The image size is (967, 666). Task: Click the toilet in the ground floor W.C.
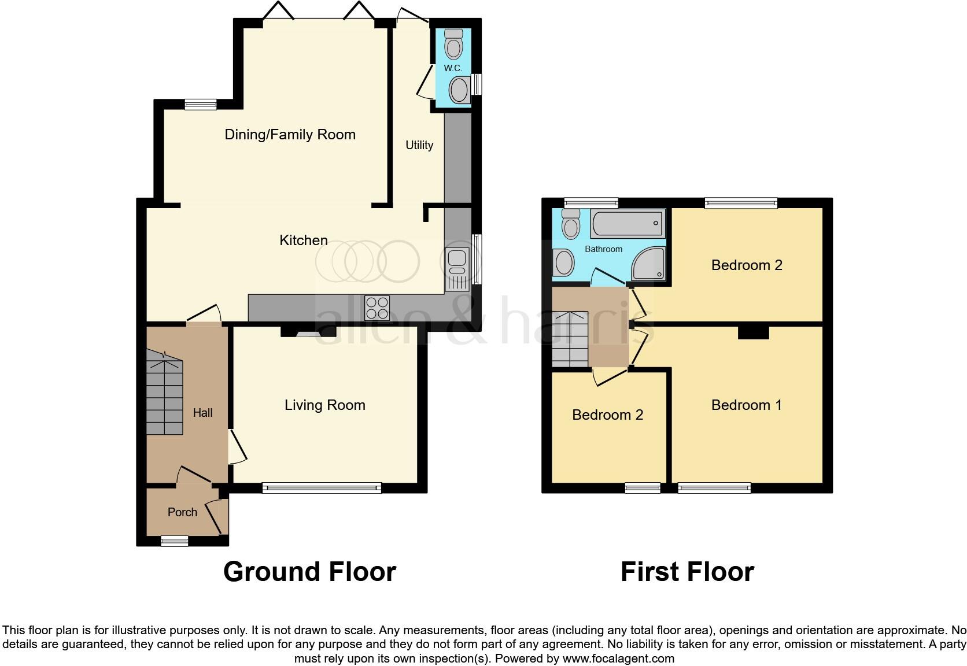point(453,44)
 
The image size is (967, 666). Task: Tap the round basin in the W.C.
point(460,91)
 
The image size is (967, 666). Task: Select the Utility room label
point(419,145)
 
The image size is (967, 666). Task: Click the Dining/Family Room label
point(290,135)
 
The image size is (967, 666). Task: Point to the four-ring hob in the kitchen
point(377,307)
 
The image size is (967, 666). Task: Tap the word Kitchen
point(304,240)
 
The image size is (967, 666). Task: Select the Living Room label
point(324,405)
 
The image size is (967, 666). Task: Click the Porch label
point(182,512)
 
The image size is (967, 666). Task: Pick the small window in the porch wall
point(174,541)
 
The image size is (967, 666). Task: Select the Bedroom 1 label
point(746,405)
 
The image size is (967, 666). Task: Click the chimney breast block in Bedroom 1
point(754,332)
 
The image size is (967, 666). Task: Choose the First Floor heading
point(687,572)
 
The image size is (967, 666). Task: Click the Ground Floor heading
point(309,572)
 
